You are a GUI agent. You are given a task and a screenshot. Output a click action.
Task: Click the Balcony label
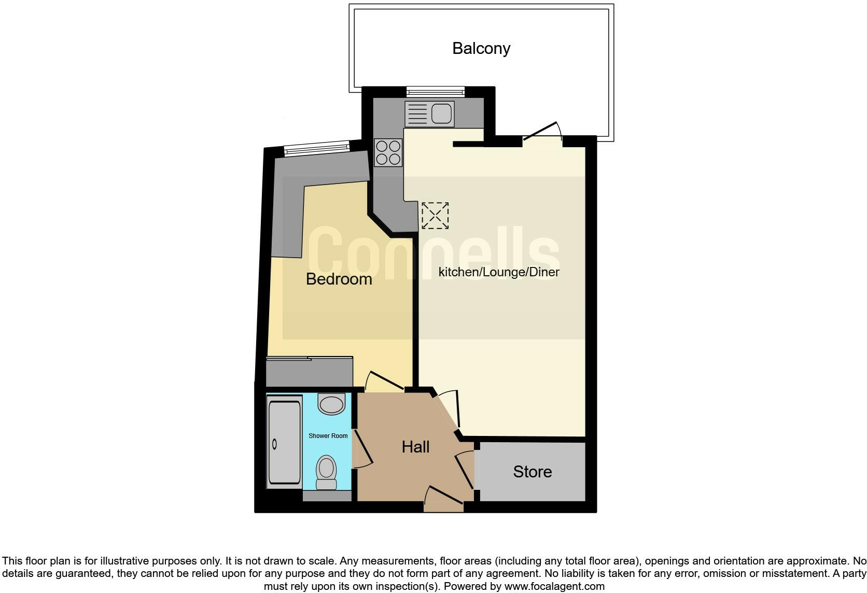(481, 48)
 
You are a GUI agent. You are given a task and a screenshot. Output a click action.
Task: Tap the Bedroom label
(339, 279)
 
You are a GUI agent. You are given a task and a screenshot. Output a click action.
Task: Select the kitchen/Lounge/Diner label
(499, 272)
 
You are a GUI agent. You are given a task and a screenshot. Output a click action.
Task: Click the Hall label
(415, 447)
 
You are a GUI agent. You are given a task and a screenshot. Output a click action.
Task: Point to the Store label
(532, 472)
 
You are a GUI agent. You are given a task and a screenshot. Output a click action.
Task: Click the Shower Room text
(328, 436)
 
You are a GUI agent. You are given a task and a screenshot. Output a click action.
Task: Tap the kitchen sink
(429, 114)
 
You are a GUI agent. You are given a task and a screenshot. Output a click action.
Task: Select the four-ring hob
(388, 152)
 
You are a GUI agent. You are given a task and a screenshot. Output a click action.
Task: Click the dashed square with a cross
(435, 216)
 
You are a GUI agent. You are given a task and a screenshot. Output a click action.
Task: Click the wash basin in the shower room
(331, 403)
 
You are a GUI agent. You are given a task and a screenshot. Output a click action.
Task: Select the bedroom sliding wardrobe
(309, 371)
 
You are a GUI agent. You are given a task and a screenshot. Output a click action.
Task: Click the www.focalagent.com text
(554, 587)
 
